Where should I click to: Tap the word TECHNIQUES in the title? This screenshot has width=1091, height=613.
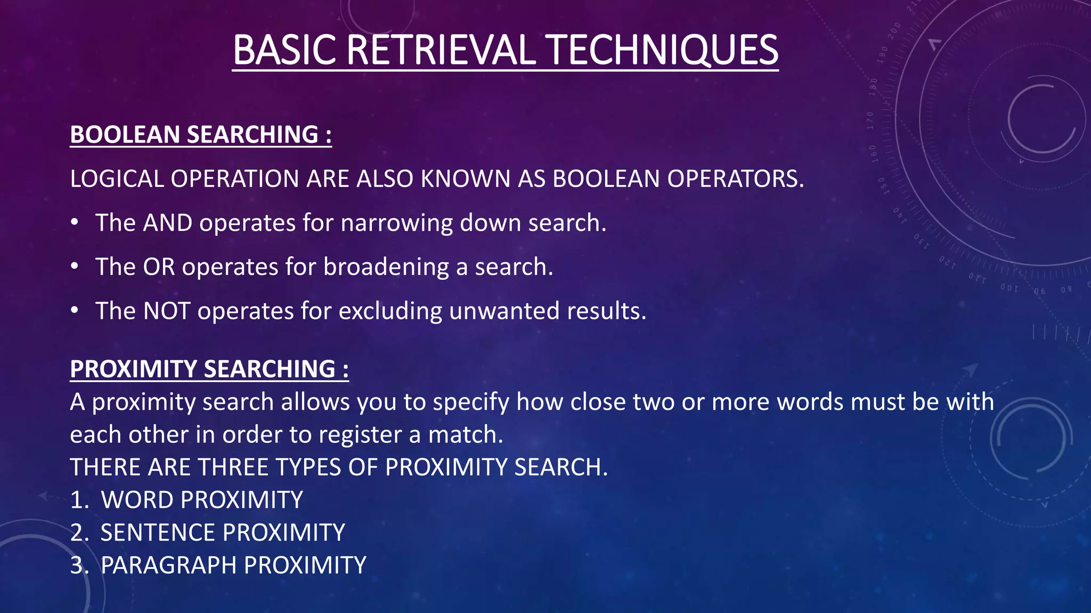coord(663,50)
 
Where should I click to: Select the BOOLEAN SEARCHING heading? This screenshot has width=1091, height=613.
coord(201,135)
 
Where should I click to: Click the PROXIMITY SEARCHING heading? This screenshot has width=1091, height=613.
coord(209,369)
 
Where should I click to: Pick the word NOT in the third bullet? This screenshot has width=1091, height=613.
coord(166,311)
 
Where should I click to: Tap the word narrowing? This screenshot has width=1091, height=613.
coord(396,223)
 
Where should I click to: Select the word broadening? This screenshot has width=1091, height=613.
coord(386,267)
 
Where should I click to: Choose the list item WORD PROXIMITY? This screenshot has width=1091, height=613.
coord(201,500)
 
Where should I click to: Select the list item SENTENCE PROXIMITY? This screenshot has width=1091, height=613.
coord(223,533)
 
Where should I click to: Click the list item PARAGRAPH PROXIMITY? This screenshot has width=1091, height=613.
coord(233,565)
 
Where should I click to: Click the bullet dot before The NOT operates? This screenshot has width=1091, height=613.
coord(75,310)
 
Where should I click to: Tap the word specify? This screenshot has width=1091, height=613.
coord(471,402)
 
